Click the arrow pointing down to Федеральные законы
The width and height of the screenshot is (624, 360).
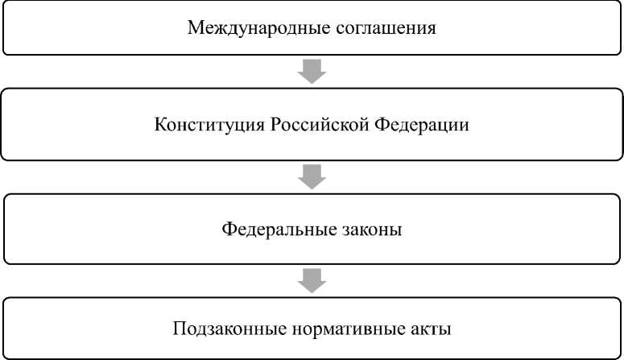pyautogui.click(x=312, y=176)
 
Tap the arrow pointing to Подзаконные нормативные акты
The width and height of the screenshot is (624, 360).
pyautogui.click(x=312, y=279)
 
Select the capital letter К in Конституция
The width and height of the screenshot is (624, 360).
pyautogui.click(x=159, y=126)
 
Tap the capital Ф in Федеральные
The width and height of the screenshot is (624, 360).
pyautogui.click(x=229, y=230)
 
